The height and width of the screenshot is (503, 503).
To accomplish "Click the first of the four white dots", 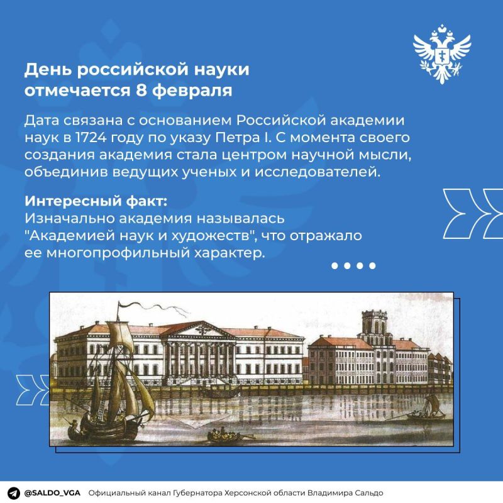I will click(x=336, y=266).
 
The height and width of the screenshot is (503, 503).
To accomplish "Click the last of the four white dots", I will click(x=372, y=266).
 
